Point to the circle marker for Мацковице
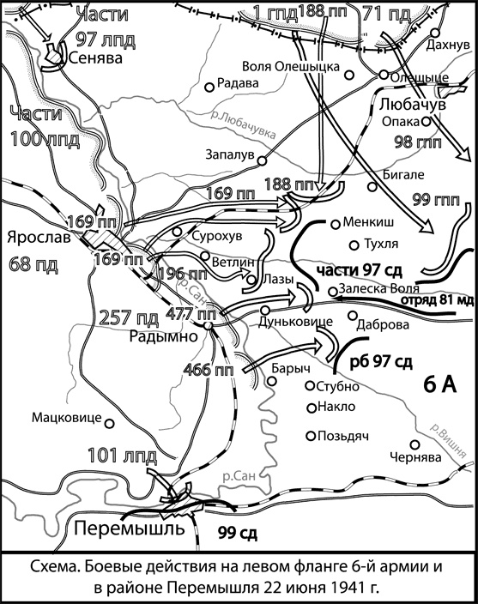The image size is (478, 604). point(108,420)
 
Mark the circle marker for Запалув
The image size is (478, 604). point(263,160)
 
